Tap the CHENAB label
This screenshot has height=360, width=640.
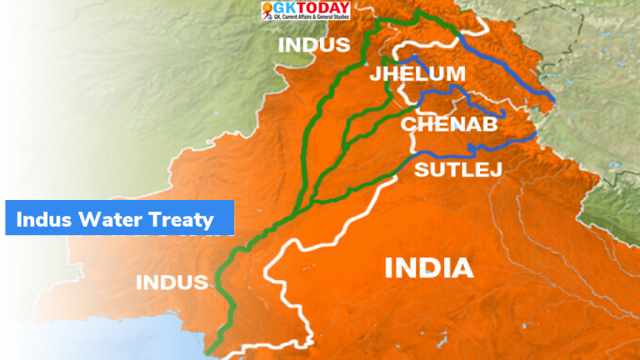point(448,125)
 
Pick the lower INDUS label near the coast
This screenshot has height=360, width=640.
point(172,282)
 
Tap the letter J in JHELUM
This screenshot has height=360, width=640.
point(376,75)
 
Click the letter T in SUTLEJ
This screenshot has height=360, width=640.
point(447,172)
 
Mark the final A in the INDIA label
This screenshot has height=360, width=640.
point(463,268)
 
